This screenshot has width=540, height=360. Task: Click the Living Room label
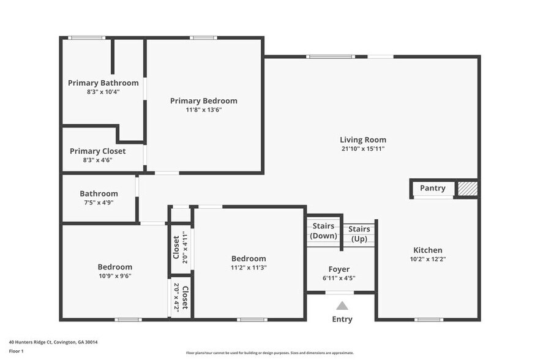pos(363,140)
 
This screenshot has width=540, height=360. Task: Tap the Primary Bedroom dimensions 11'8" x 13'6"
pos(203,110)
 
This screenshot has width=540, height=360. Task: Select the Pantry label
pos(432,188)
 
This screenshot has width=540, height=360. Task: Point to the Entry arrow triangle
pos(342,306)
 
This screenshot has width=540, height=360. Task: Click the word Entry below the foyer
pos(342,319)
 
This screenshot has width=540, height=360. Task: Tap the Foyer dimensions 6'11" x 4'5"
pos(339,278)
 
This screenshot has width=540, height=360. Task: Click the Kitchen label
pos(427,250)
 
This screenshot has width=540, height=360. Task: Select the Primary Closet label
pos(97,151)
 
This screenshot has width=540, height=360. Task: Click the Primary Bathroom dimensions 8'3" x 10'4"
pos(103,92)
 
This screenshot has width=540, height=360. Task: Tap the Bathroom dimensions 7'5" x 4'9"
pos(99,203)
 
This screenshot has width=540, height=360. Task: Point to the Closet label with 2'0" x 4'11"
pos(176,247)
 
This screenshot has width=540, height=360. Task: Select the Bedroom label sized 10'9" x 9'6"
pos(114,267)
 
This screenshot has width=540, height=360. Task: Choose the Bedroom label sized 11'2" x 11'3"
pos(249,258)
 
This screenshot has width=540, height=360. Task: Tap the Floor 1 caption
pos(16,351)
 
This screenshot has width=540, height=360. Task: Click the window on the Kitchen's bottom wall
pos(428,320)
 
